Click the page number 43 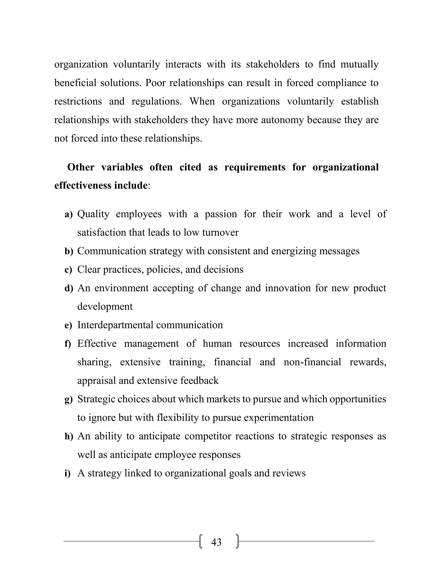pyautogui.click(x=216, y=542)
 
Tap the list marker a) pyautogui.click(x=68, y=214)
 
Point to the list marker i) pyautogui.click(x=67, y=473)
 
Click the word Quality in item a pyautogui.click(x=93, y=214)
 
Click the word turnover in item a pyautogui.click(x=220, y=232)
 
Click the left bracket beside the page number pyautogui.click(x=201, y=541)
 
